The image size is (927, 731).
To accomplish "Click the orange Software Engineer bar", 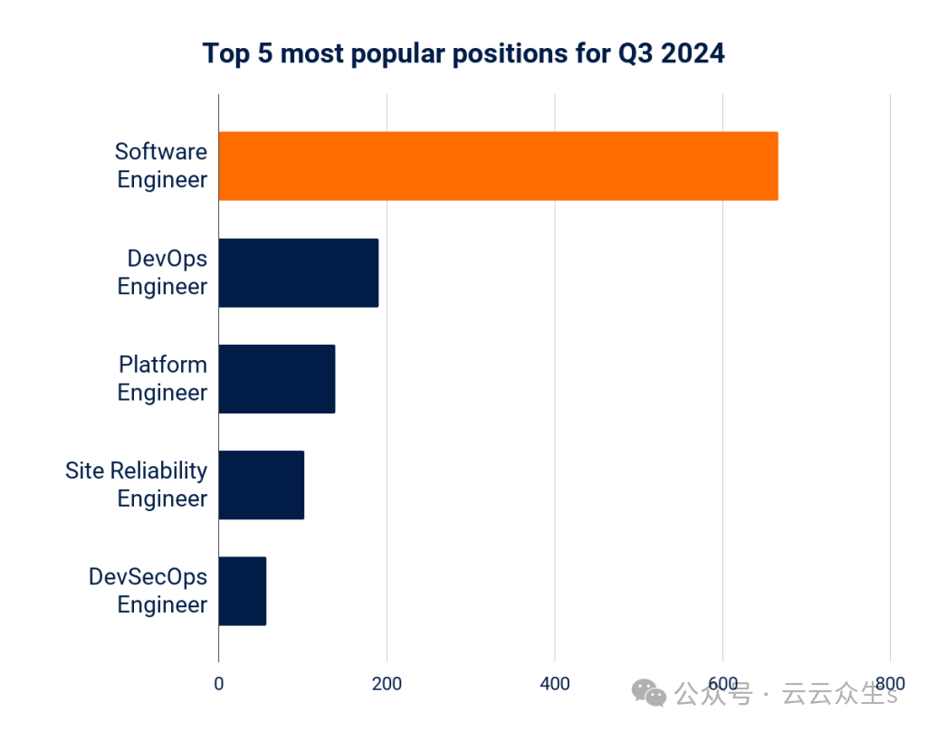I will point(498,166).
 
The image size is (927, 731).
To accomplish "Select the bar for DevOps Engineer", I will point(298,272).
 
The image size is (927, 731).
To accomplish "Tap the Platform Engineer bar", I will point(276,378).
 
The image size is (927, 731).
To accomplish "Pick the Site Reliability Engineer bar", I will point(261,485).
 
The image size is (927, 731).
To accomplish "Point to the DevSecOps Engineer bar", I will point(242,591).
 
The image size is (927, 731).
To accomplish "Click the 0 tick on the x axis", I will point(218,684).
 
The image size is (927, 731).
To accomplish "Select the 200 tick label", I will point(387,684).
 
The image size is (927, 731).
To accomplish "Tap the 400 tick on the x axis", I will point(555,684).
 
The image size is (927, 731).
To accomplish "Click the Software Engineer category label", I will point(161,166).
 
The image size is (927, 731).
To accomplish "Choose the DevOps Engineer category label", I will point(163,272).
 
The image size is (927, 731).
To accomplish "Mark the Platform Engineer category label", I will point(163,378).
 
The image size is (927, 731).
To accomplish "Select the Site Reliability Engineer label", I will point(137,485).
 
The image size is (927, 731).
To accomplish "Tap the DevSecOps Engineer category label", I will point(148,591).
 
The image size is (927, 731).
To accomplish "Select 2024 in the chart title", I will point(693,53).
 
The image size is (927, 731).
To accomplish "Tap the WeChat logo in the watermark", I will point(649,694).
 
